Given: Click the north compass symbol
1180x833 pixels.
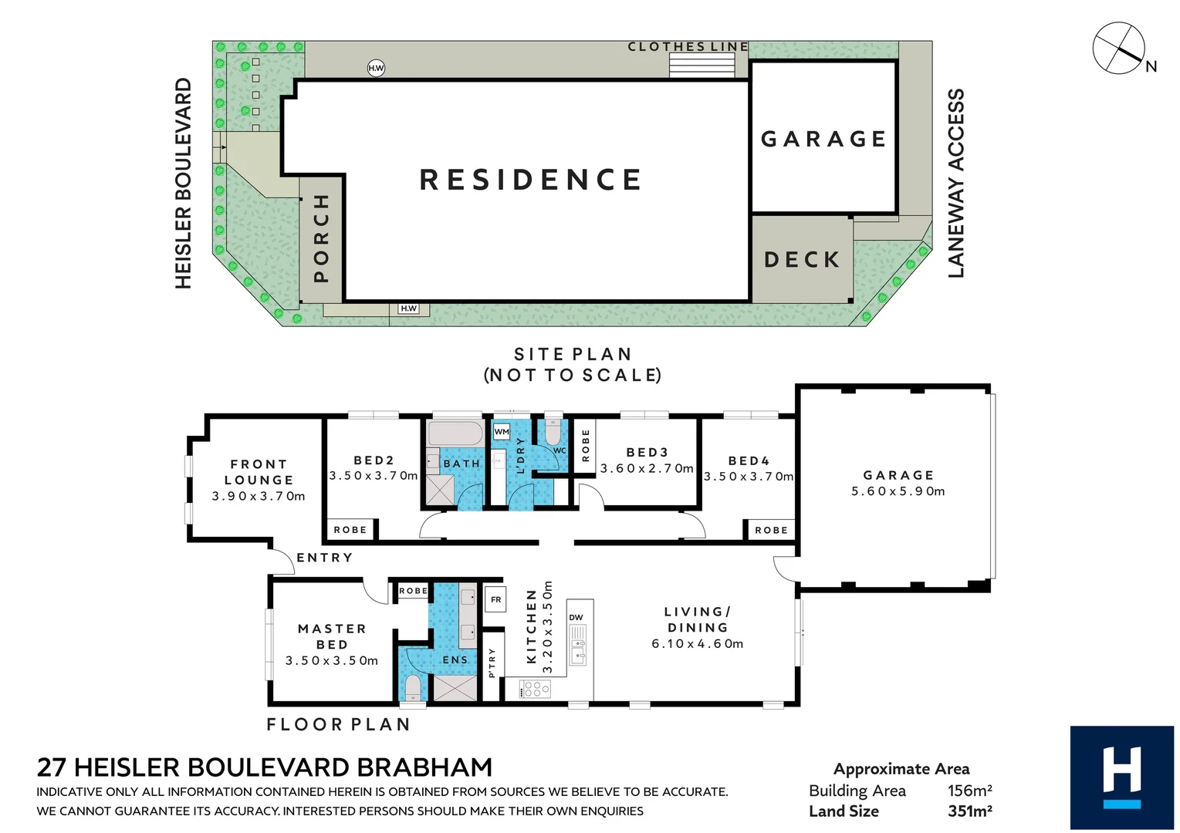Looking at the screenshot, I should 1119,48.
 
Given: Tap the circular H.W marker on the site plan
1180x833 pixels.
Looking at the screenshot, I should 376,68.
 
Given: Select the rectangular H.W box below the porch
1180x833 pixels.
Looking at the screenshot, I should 408,309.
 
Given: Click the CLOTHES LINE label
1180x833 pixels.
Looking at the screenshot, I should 688,47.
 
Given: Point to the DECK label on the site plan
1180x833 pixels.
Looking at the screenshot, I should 802,260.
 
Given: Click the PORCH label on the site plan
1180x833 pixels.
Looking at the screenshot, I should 322,238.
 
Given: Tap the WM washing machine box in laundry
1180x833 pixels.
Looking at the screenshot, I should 502,432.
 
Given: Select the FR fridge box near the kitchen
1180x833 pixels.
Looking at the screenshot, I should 495,599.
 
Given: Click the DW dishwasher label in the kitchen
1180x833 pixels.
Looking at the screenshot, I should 576,617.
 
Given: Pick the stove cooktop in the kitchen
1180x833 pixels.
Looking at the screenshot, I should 535,688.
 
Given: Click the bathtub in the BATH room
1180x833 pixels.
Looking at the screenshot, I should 455,433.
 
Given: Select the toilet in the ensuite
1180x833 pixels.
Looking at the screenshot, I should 413,686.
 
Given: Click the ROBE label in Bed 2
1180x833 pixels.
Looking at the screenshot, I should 350,530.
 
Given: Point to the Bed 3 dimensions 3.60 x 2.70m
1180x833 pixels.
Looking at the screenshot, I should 647,468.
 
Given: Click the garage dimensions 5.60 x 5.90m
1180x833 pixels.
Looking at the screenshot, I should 898,491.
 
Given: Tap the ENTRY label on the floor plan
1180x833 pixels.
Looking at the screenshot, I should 325,558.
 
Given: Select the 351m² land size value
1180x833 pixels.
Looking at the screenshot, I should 969,811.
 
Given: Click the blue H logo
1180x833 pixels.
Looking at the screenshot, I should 1121,777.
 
